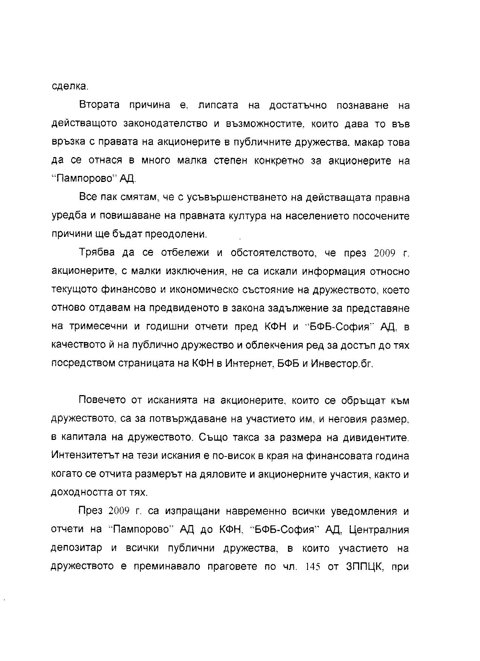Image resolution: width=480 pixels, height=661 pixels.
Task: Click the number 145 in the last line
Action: pyautogui.click(x=313, y=566)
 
